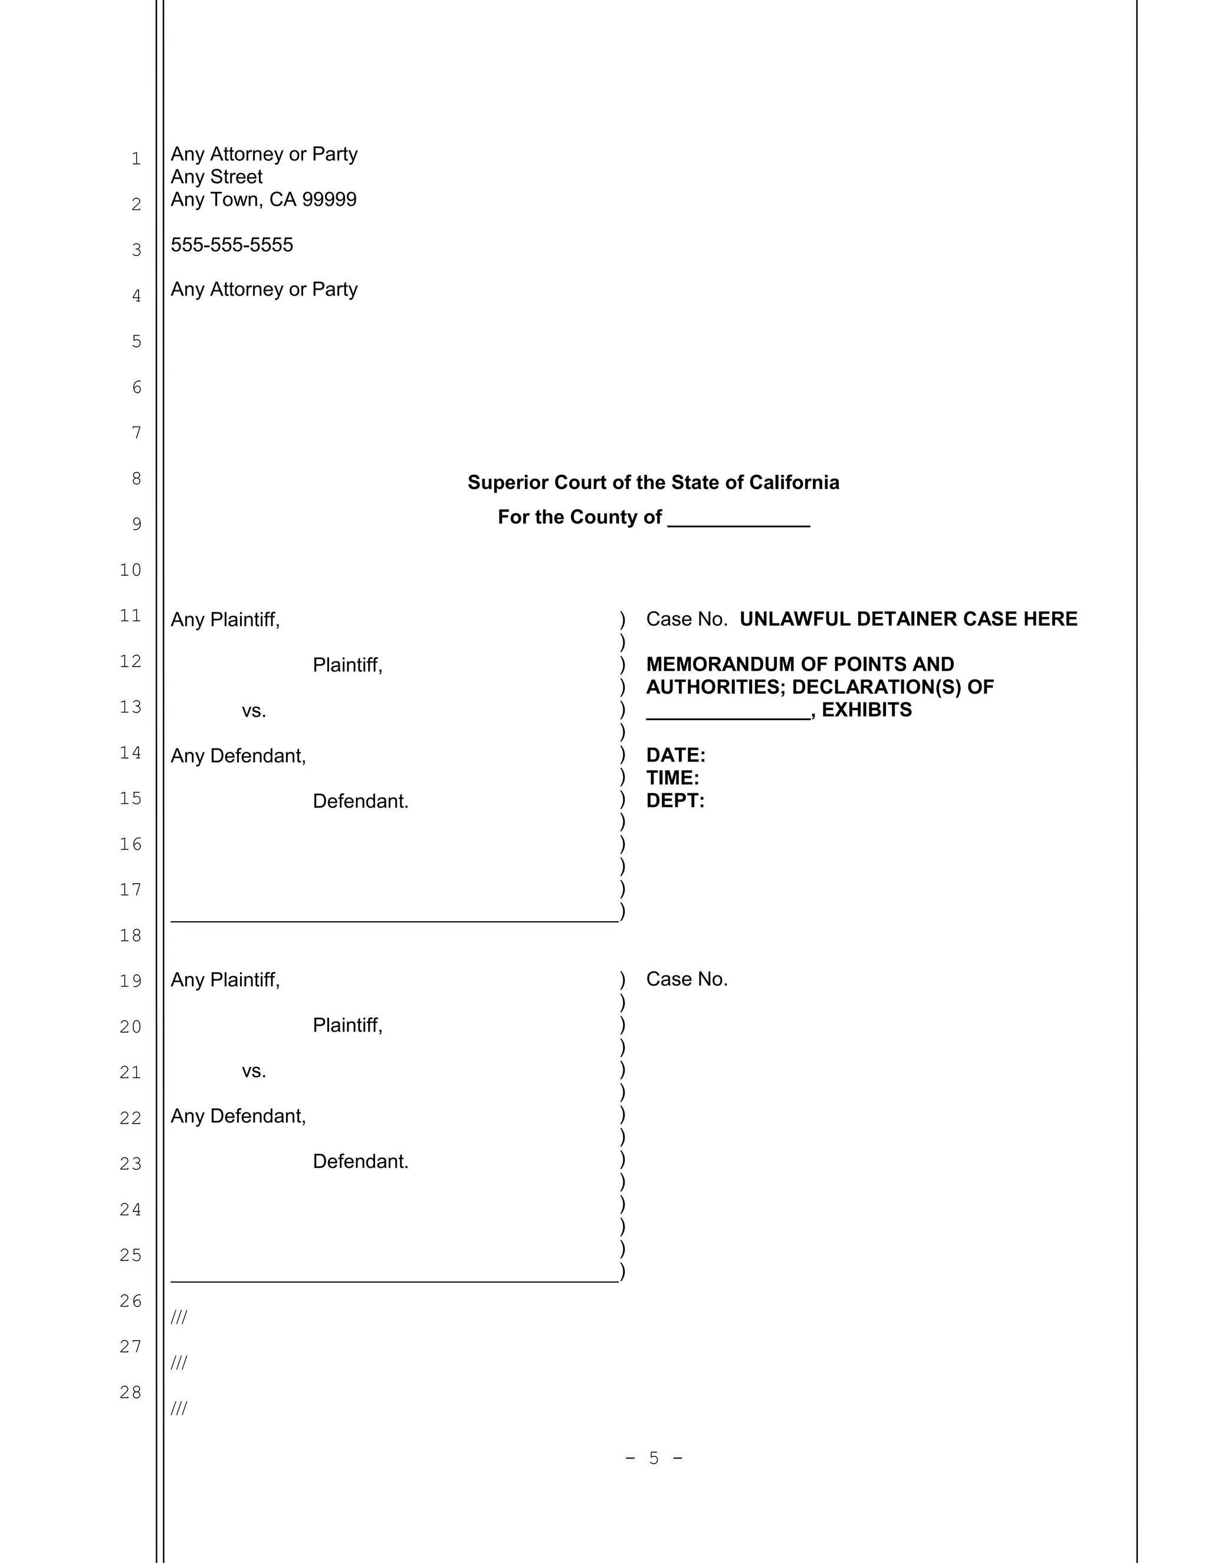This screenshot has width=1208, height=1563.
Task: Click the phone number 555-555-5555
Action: click(x=232, y=245)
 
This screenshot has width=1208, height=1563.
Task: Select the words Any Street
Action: click(x=216, y=177)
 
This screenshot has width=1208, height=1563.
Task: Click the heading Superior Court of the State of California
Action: click(x=653, y=482)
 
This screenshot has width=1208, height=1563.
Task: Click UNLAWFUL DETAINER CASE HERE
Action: click(x=908, y=619)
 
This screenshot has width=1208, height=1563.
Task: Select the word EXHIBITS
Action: click(x=866, y=710)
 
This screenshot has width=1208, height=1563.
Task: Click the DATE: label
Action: click(x=675, y=755)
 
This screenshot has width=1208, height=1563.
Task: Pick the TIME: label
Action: click(x=672, y=778)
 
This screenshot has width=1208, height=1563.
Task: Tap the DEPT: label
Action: click(x=675, y=801)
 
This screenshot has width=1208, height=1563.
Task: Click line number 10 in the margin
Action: click(x=130, y=570)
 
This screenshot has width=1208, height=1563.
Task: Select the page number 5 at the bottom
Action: click(x=654, y=1458)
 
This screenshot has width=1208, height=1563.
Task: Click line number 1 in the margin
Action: click(x=136, y=159)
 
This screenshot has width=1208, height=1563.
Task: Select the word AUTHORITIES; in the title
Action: click(x=715, y=687)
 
